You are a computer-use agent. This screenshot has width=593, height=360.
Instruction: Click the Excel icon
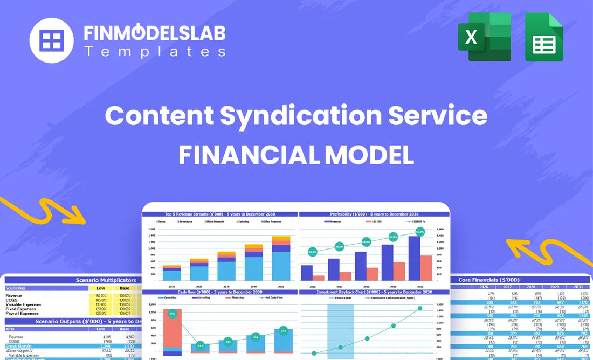pyautogui.click(x=484, y=37)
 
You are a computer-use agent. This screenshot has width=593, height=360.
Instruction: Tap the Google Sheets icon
pyautogui.click(x=544, y=38)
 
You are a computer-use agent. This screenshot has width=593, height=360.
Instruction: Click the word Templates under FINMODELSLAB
pyautogui.click(x=155, y=52)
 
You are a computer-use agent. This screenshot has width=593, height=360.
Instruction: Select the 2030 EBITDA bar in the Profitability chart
pyautogui.click(x=425, y=268)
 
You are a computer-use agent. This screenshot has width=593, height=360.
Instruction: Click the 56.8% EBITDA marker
pyautogui.click(x=420, y=232)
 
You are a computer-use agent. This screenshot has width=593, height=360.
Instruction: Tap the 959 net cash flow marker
pyautogui.click(x=172, y=314)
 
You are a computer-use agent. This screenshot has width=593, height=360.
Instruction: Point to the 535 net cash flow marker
pyautogui.click(x=283, y=330)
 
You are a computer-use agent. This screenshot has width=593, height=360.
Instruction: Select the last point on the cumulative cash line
pyautogui.click(x=420, y=308)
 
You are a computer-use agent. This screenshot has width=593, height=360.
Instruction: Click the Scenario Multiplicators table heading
pyautogui.click(x=106, y=280)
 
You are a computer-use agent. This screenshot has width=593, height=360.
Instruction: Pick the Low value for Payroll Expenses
pyautogui.click(x=101, y=313)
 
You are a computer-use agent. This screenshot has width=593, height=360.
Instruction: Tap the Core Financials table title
pyautogui.click(x=489, y=280)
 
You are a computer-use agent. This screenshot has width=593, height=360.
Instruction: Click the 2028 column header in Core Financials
pyautogui.click(x=531, y=287)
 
